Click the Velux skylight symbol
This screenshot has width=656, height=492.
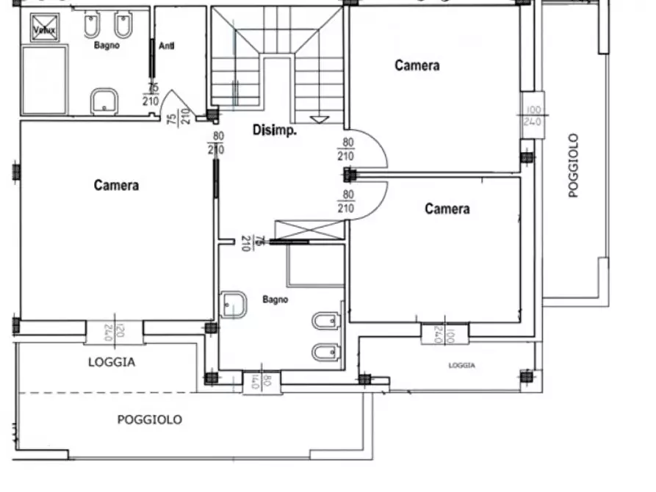point(43,28)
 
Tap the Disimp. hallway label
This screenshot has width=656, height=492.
point(274,131)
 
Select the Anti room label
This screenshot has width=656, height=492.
point(166,46)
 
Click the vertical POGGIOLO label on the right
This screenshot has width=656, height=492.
point(574,165)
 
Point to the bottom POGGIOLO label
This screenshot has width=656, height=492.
point(150,420)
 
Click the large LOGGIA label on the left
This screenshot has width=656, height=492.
point(111,362)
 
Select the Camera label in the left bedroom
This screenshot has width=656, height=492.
point(116,185)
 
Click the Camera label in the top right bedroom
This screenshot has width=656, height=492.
point(417,65)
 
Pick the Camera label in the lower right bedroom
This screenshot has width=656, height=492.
point(447,209)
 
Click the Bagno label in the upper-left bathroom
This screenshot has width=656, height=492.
point(107,46)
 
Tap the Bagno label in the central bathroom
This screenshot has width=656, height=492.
point(275,300)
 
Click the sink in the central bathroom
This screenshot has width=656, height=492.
point(234,305)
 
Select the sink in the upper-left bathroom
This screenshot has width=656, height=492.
point(106,101)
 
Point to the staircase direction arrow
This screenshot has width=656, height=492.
point(320,119)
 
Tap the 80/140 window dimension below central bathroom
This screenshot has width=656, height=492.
point(262,383)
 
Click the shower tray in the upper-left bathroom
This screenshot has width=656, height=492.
point(44,79)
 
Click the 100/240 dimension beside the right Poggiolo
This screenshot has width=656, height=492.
point(532,116)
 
